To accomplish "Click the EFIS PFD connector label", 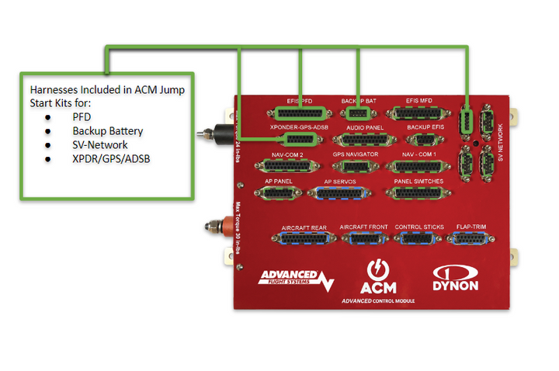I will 299,101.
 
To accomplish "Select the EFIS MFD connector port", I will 423,113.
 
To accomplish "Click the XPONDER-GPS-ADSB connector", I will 300,140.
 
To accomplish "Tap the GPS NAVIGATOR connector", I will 356,166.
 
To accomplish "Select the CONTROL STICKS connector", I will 419,239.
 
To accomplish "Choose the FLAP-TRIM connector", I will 472,239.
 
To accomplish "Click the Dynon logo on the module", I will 456,278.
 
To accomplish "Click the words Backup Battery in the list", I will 107,131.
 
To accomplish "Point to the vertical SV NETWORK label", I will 501,144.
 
